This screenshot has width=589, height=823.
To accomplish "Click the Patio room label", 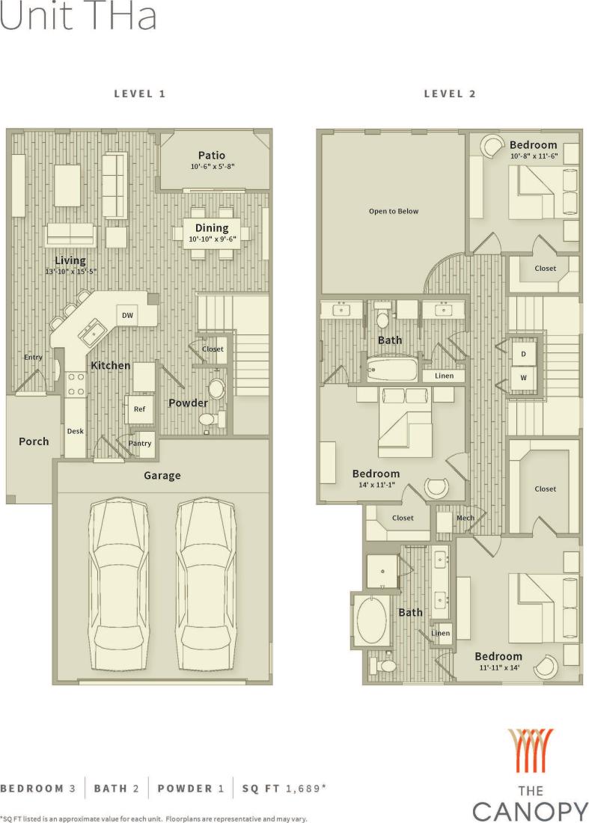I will click(x=212, y=155).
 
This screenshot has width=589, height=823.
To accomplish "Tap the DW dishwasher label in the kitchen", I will click(x=128, y=316).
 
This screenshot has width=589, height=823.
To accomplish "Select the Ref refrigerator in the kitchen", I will click(x=139, y=409).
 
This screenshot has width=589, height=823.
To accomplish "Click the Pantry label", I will click(x=140, y=444).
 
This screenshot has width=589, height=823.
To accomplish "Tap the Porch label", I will click(x=34, y=441).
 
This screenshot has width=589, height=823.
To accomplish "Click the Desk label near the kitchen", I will click(x=75, y=431).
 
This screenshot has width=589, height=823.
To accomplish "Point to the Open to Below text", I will click(x=394, y=211).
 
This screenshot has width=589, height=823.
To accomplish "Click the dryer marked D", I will click(x=523, y=354).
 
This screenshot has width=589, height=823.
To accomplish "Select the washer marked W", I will click(x=523, y=378).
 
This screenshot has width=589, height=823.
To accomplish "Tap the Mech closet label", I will click(x=465, y=518).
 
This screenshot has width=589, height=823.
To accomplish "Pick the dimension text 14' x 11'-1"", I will click(x=376, y=485).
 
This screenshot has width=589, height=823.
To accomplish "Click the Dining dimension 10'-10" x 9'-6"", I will click(x=212, y=239).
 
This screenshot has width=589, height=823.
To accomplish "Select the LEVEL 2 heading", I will click(x=450, y=94).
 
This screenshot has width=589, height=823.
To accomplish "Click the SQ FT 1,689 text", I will click(x=284, y=789).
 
